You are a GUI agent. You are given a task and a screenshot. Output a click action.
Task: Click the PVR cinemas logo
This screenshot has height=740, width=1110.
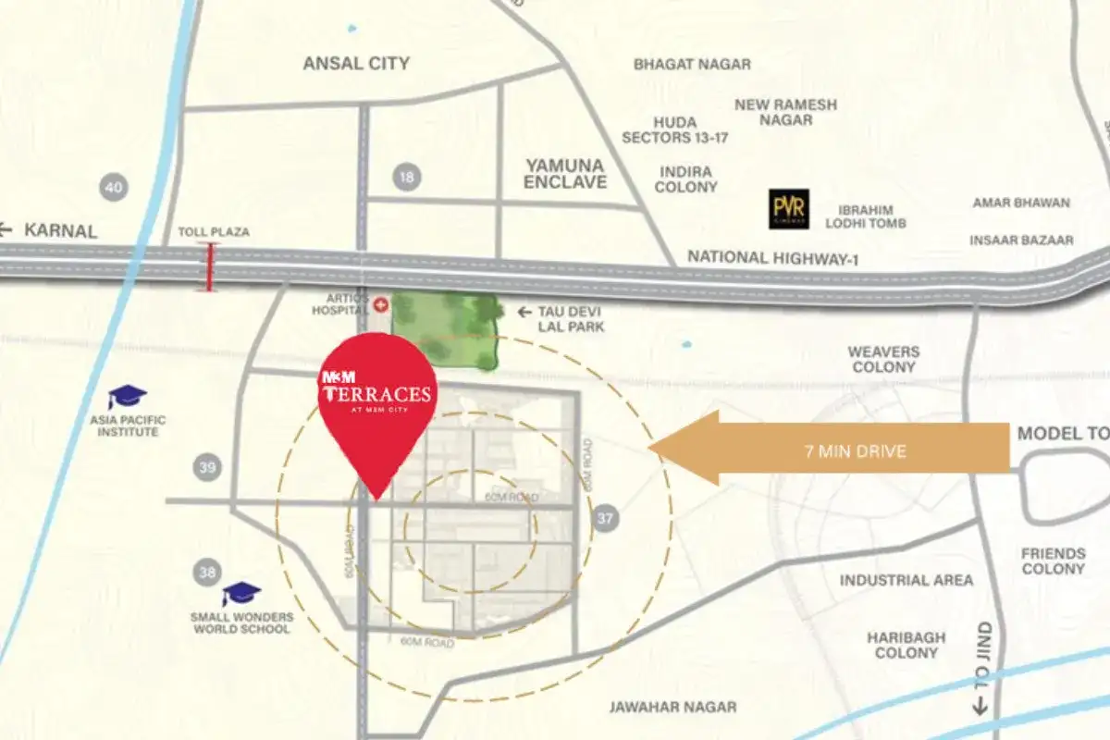pyautogui.click(x=789, y=209)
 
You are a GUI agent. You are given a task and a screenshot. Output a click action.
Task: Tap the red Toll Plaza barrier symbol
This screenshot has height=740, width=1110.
pyautogui.click(x=211, y=267)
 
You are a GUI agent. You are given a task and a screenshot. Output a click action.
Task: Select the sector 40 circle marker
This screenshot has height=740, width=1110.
pyautogui.click(x=114, y=188)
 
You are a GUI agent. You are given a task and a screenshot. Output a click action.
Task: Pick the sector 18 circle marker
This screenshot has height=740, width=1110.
pyautogui.click(x=406, y=177)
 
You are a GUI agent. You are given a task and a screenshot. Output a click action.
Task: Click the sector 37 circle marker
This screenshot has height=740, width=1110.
pyautogui.click(x=606, y=518)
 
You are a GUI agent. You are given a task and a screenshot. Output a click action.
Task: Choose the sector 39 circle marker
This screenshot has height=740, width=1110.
pyautogui.click(x=207, y=468)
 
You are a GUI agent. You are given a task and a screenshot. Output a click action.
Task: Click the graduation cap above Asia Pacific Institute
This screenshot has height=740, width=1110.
pyautogui.click(x=127, y=397)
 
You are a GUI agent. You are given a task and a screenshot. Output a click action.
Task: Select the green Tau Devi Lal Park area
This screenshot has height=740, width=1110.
pyautogui.click(x=445, y=329)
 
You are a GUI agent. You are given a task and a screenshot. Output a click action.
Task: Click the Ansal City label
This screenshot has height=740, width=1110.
pyautogui.click(x=356, y=64)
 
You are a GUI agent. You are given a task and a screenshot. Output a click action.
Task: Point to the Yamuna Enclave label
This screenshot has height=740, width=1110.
pyautogui.click(x=565, y=173)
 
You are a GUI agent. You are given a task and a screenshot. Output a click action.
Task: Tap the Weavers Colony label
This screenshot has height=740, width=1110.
pyautogui.click(x=883, y=359)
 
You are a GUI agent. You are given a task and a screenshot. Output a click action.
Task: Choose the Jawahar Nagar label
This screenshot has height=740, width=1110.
pyautogui.click(x=672, y=707)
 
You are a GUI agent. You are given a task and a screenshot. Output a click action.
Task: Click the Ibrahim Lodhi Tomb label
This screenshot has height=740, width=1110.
pyautogui.click(x=871, y=216)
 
